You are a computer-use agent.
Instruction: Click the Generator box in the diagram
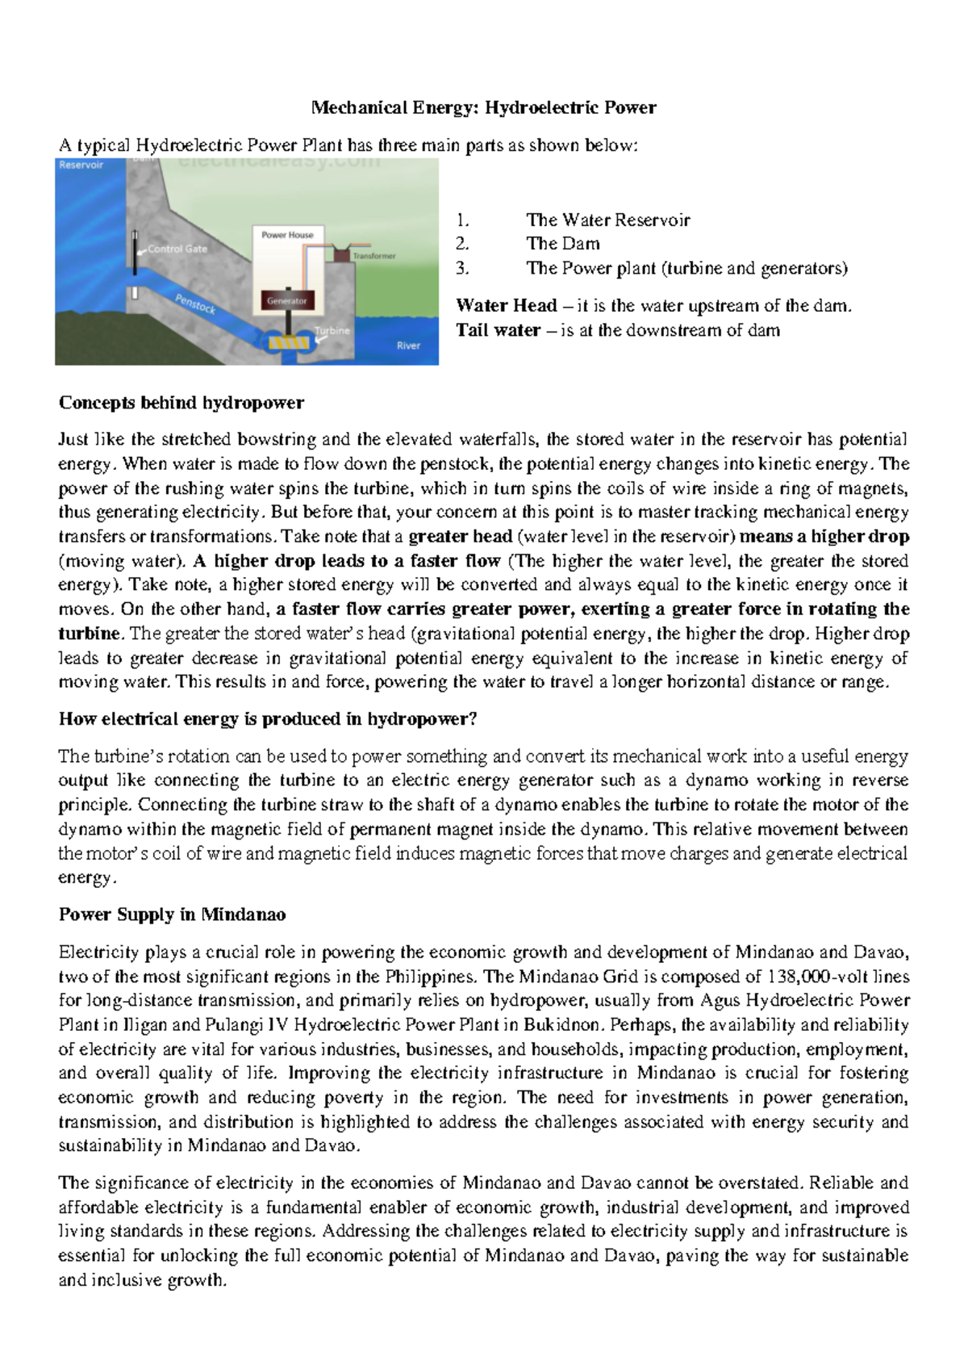(287, 300)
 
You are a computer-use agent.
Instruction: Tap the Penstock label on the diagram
(195, 304)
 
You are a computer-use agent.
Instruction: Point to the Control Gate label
(177, 249)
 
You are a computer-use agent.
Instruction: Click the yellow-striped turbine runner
(288, 344)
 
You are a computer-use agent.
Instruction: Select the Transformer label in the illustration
(374, 256)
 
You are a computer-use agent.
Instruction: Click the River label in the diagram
(408, 345)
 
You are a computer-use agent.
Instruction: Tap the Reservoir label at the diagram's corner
(81, 165)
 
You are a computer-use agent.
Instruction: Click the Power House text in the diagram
(287, 235)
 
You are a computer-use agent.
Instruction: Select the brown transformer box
(341, 253)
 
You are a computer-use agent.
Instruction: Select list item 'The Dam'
(562, 244)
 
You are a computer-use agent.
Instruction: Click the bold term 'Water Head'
(506, 305)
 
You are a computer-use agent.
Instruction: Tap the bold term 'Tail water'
(498, 330)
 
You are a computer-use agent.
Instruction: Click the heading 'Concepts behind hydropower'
(181, 403)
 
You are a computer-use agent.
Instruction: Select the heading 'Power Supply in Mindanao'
(172, 915)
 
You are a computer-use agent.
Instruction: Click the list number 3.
(461, 268)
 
